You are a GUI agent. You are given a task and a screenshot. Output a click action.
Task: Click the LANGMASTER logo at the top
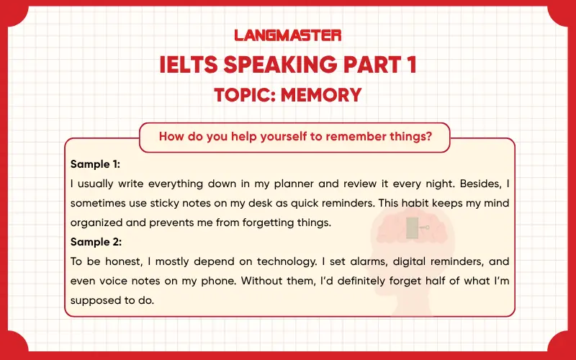(288, 35)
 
